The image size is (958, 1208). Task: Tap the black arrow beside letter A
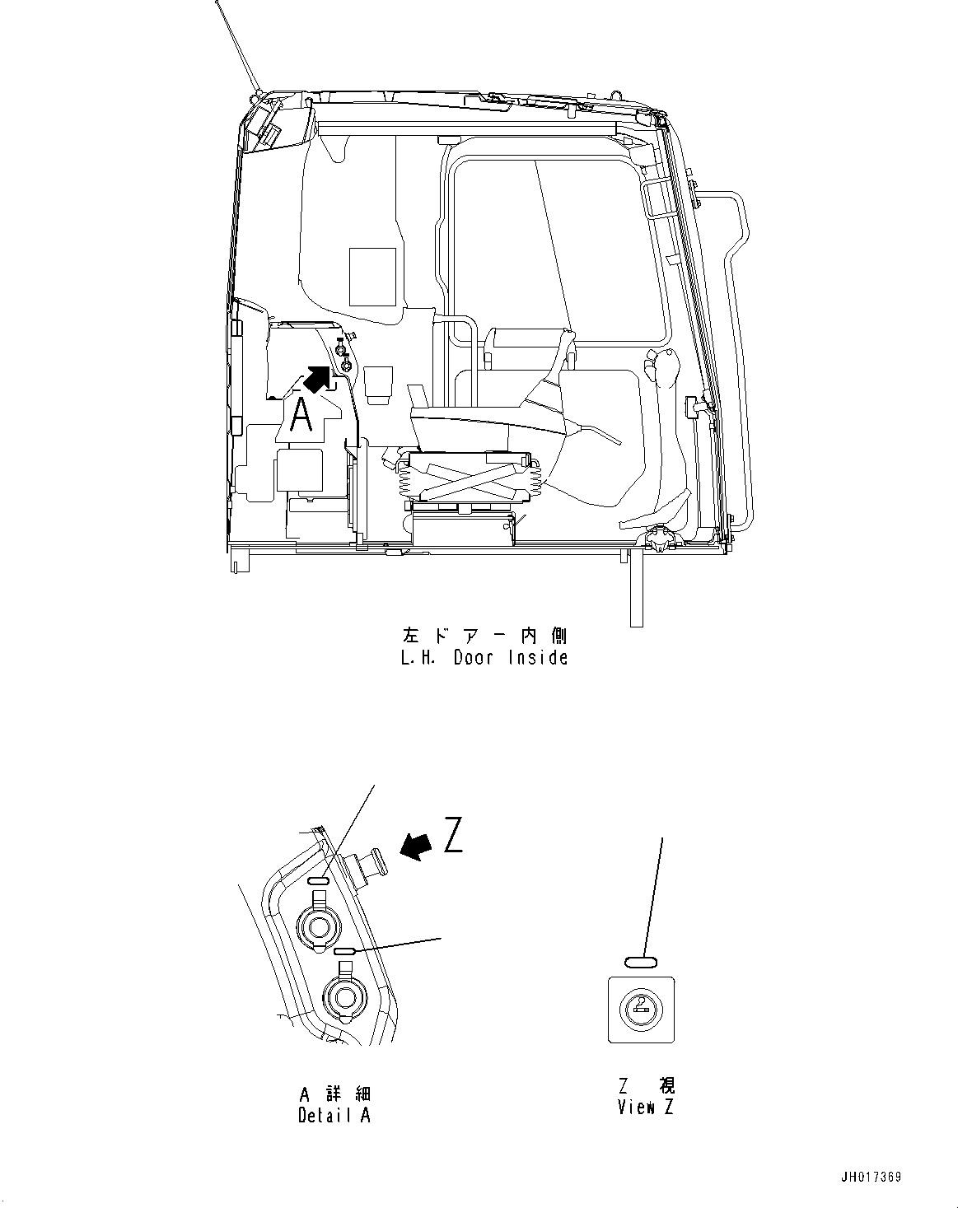[x=320, y=378]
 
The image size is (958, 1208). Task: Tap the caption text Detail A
[x=334, y=1115]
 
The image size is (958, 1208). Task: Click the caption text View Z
[x=645, y=1108]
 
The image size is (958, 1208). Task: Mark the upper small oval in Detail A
[x=319, y=881]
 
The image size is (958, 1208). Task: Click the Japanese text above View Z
[x=646, y=1086]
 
